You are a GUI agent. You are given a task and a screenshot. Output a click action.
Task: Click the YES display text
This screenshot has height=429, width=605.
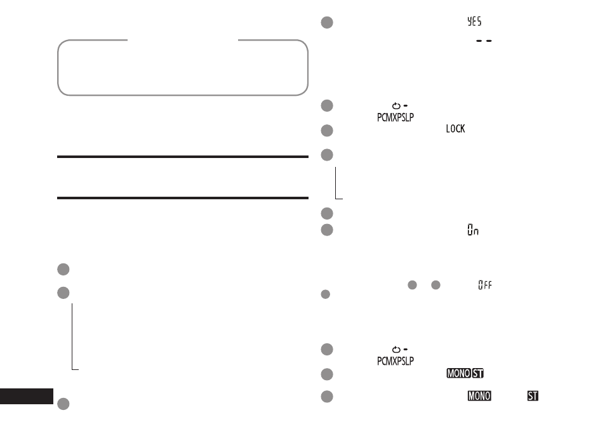pos(474,21)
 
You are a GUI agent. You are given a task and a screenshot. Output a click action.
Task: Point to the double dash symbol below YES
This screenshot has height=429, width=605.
pos(484,41)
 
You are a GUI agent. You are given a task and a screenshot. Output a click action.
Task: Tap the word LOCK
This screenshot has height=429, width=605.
pos(455,128)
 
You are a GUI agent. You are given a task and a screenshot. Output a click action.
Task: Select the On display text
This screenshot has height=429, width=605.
pos(473,230)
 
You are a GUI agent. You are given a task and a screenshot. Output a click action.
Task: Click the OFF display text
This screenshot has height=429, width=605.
pos(485,285)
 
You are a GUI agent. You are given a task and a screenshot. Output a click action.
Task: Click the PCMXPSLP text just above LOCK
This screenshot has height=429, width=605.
pos(396,117)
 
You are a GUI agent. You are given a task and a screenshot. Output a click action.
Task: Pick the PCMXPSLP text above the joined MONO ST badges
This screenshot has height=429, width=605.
pos(396,361)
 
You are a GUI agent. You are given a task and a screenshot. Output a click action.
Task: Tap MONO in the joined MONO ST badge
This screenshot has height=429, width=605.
pos(459,373)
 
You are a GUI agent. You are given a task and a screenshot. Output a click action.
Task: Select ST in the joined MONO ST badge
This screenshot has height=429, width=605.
pos(477,373)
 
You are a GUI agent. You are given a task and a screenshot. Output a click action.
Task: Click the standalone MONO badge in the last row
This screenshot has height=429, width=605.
pos(479,396)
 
